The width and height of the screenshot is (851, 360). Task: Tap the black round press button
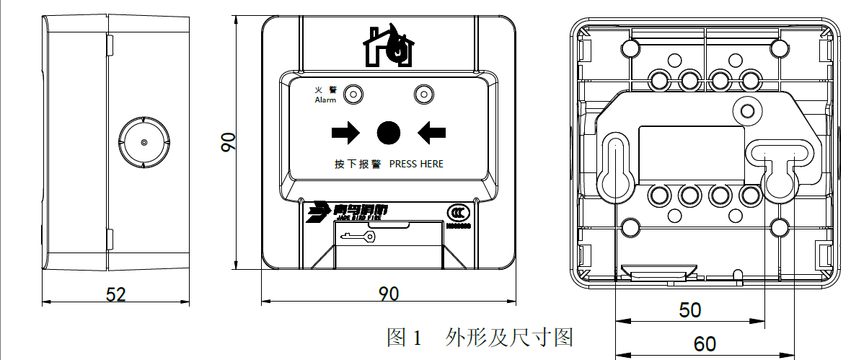(388, 132)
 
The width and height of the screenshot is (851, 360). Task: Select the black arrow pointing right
(345, 132)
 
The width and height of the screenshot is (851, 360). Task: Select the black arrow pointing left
(431, 132)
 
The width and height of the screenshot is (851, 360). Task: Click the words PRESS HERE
(416, 164)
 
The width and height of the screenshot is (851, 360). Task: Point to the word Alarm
(325, 100)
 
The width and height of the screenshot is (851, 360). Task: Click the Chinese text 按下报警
(357, 164)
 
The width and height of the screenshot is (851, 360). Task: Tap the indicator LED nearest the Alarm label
(353, 94)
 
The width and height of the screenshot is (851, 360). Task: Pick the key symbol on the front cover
(358, 236)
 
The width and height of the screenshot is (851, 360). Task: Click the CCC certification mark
(457, 214)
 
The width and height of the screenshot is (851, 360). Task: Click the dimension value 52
(115, 294)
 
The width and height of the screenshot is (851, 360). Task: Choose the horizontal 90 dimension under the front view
(389, 294)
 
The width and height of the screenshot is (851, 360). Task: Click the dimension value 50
(690, 309)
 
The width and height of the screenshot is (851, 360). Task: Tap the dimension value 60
(705, 343)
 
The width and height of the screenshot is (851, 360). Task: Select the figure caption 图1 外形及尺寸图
(480, 336)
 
